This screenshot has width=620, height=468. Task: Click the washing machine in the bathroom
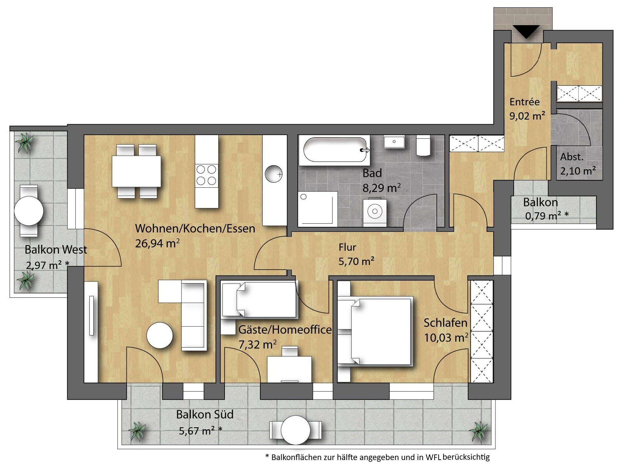pos(375,212)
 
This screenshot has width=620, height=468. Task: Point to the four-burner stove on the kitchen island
pos(206,175)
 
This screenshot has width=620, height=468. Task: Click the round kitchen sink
pos(274,174)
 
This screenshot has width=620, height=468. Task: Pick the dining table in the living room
pos(136,171)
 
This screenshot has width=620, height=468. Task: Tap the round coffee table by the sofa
pos(160,336)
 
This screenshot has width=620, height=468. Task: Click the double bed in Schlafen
pos(376,331)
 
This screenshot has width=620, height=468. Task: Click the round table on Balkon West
pos(29,211)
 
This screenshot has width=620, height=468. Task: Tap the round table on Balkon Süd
pos(295,430)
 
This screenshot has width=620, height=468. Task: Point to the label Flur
pos(347,247)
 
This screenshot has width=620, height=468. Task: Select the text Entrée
pos(525,102)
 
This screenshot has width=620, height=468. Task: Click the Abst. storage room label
pos(572,157)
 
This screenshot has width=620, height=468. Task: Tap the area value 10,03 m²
pos(446,338)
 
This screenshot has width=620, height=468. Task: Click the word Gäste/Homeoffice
pos(285,330)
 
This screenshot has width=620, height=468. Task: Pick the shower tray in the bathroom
pos(317,209)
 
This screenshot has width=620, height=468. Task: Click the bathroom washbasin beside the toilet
pos(394,141)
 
